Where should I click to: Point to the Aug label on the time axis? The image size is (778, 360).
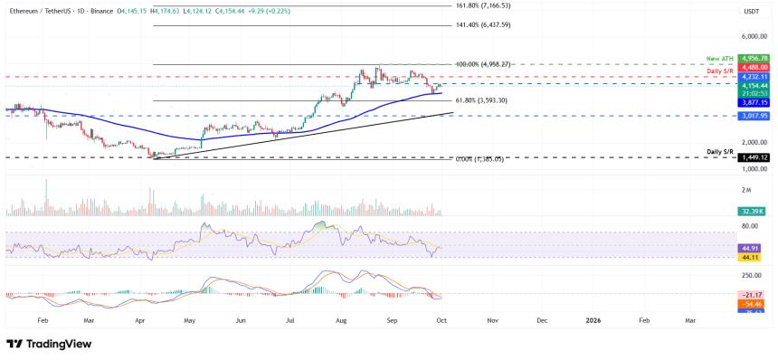click(340, 320)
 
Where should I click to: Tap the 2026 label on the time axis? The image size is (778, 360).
click(593, 320)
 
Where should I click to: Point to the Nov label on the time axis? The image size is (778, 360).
click(492, 320)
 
